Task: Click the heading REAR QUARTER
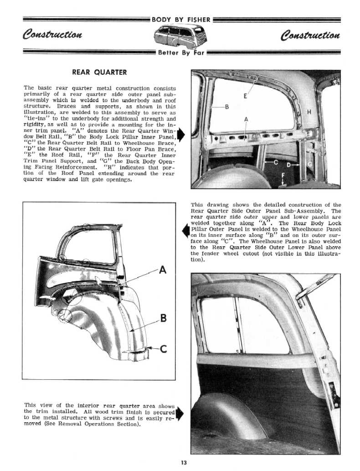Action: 99,72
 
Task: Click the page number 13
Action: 183,463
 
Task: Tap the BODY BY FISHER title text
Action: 181,20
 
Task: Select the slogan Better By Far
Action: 181,52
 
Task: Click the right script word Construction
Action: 311,35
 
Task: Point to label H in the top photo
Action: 310,113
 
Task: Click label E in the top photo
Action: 246,96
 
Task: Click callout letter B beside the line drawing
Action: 163,318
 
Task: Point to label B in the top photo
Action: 226,108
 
